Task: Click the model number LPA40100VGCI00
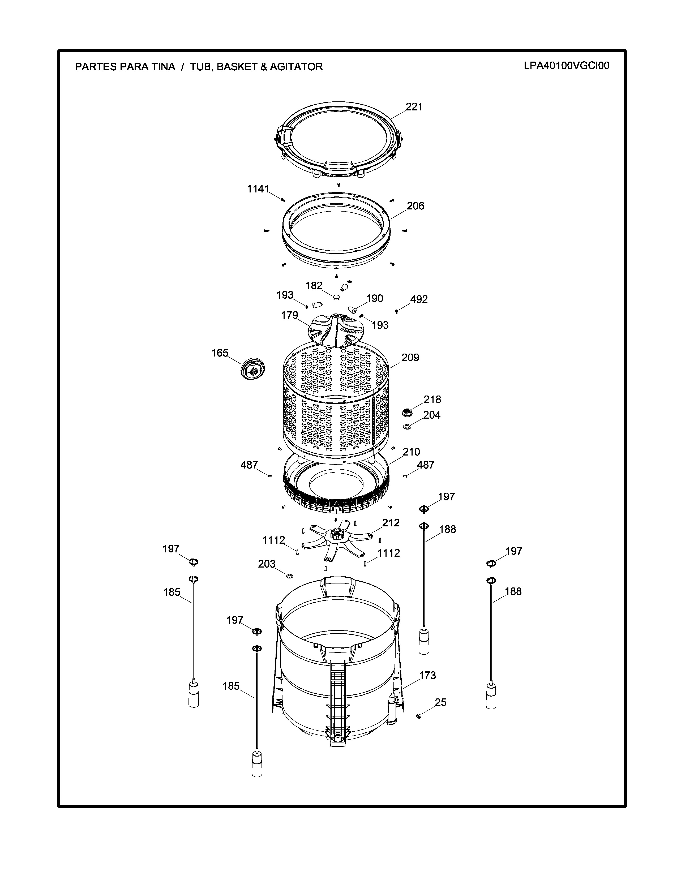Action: click(x=566, y=66)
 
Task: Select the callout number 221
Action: click(x=414, y=107)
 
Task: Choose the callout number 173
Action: click(x=427, y=676)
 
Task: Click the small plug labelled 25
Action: click(x=419, y=716)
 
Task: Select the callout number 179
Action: click(x=290, y=315)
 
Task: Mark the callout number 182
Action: click(x=314, y=286)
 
